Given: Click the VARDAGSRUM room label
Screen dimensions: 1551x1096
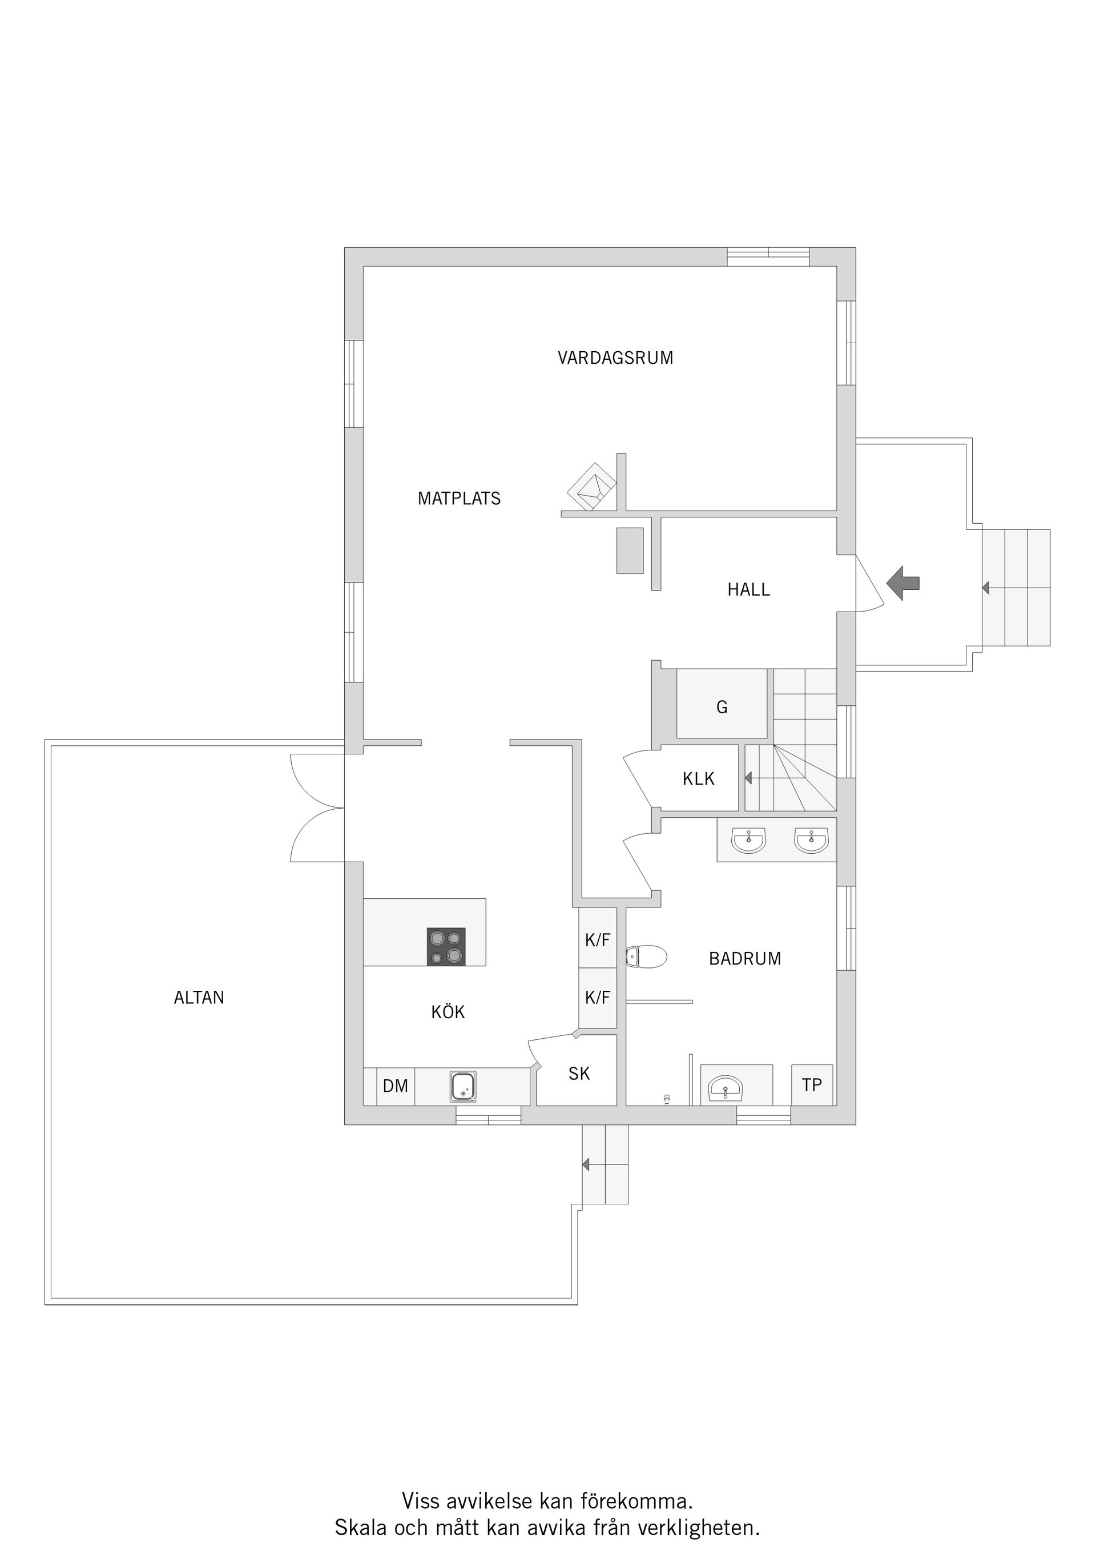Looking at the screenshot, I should (x=615, y=358).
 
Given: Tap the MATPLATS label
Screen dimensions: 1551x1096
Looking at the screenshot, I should (x=459, y=499).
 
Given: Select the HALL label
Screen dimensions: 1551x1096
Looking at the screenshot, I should (x=748, y=590).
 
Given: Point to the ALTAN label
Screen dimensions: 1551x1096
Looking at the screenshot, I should (x=199, y=998).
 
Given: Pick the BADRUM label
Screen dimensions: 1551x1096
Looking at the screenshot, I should (x=745, y=959).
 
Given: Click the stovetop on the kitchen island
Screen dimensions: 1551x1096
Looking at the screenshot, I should (x=446, y=946).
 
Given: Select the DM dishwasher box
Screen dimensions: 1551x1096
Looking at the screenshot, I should (x=396, y=1086).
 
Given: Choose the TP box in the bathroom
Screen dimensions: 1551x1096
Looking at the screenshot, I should (x=812, y=1085).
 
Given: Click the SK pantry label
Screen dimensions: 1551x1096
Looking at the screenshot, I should (x=579, y=1074).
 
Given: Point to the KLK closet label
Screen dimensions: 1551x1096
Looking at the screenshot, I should (x=698, y=779).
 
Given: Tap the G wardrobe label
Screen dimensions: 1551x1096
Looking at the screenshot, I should (x=722, y=708).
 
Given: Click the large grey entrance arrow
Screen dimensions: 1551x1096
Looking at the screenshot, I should (x=903, y=583).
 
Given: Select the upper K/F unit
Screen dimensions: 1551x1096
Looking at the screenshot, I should (x=598, y=939).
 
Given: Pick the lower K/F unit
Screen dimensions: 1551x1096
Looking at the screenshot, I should (x=598, y=997).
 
